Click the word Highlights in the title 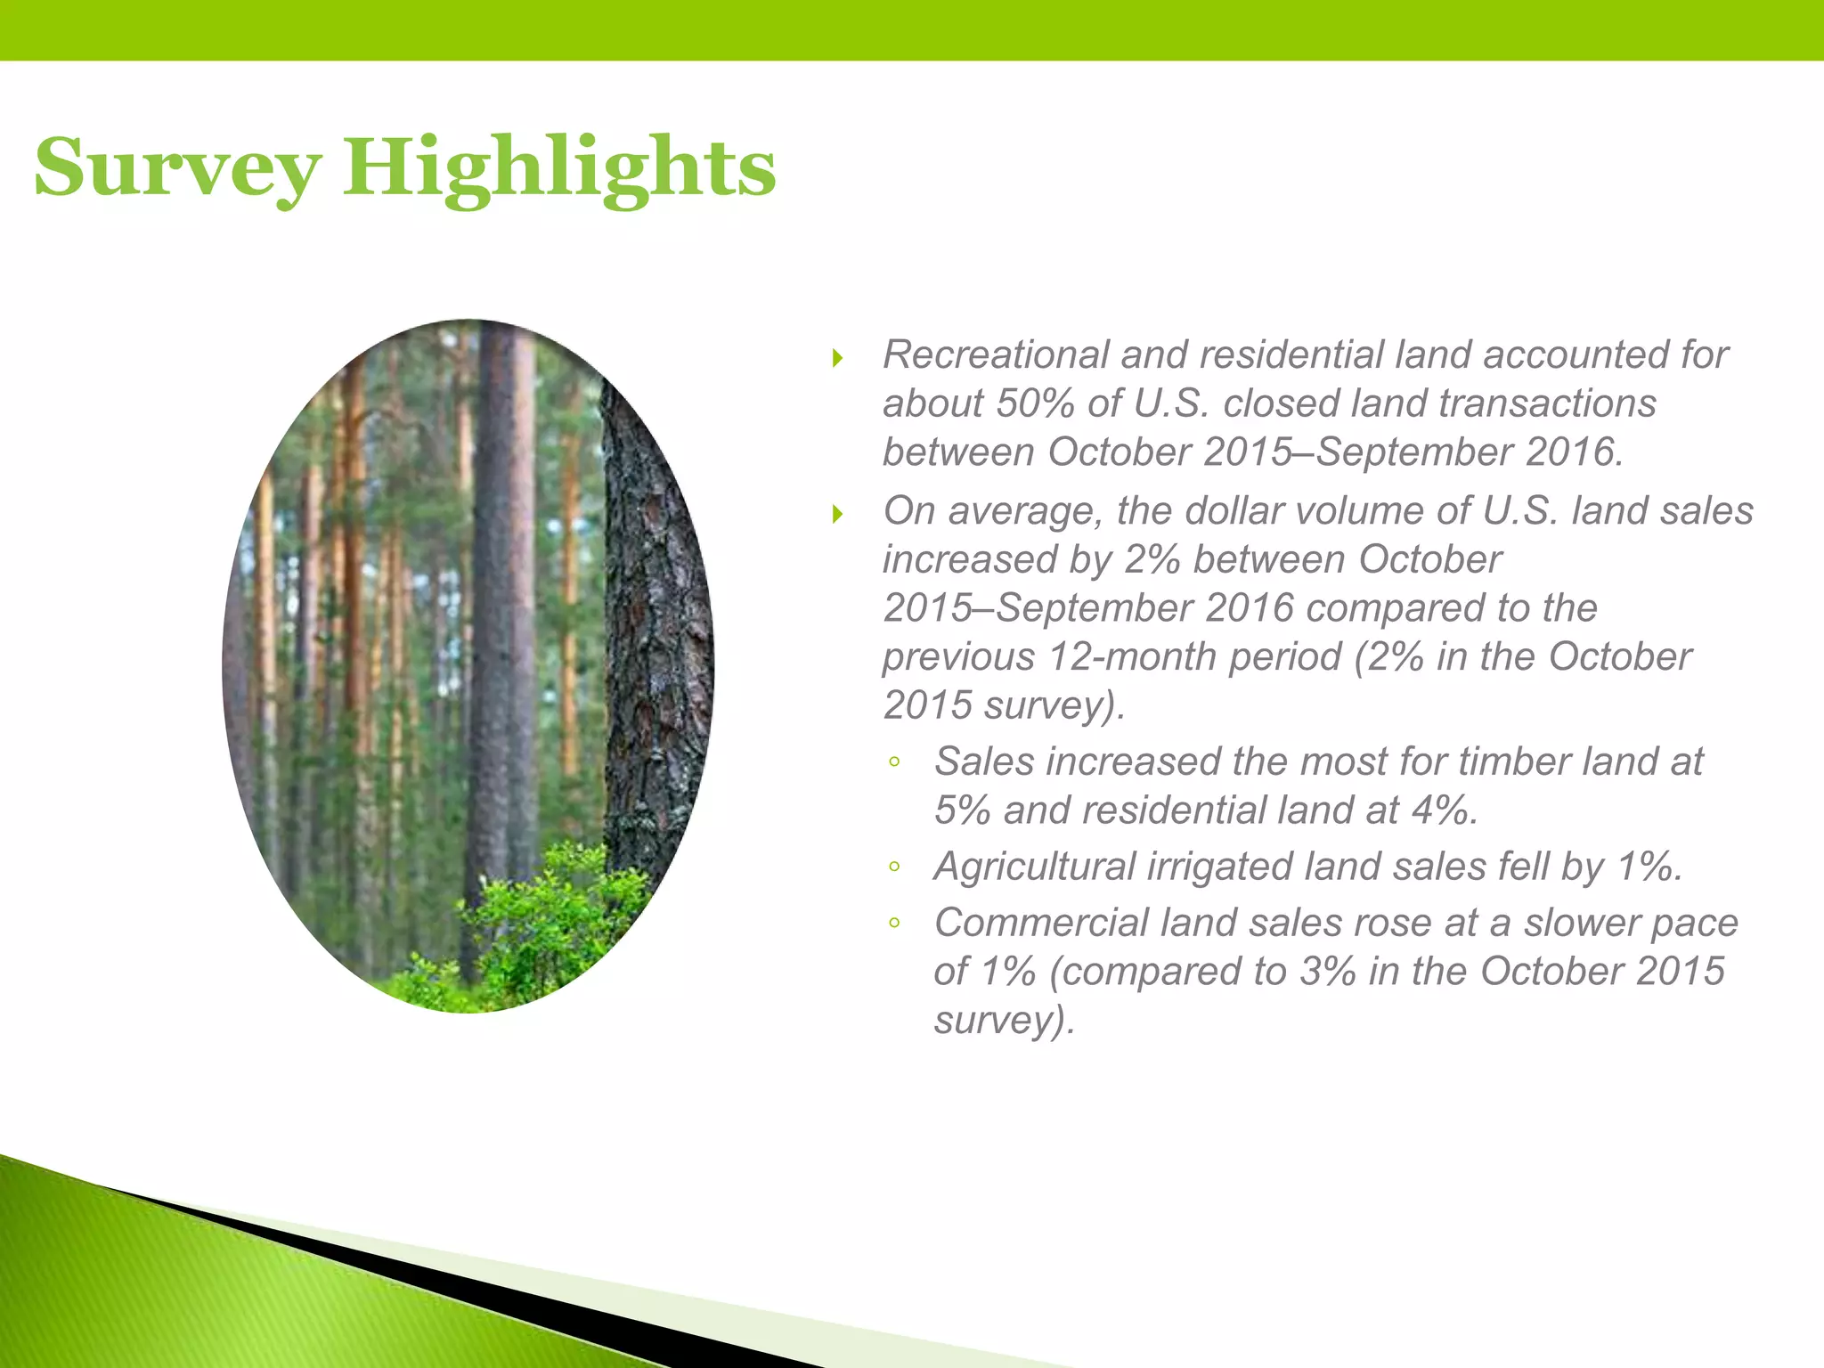click(x=559, y=169)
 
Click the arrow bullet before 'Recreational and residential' click(x=837, y=359)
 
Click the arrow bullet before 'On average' click(x=837, y=514)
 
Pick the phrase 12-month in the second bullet click(x=1113, y=657)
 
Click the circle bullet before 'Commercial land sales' click(x=895, y=924)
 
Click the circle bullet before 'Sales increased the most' click(x=895, y=762)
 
